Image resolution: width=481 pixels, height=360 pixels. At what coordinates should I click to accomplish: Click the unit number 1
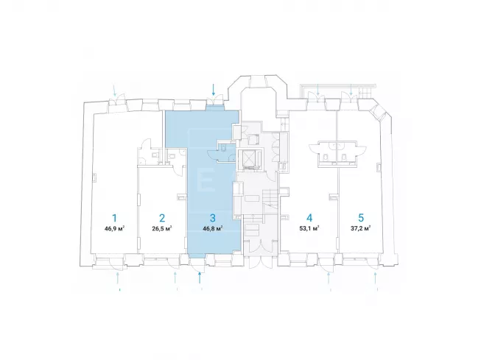click(114, 218)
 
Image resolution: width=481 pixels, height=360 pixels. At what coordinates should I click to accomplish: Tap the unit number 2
click(162, 218)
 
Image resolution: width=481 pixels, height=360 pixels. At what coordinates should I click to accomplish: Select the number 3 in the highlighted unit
click(213, 218)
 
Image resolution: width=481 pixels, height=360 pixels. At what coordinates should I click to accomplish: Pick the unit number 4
click(309, 218)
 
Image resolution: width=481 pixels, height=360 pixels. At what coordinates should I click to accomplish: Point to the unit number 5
click(361, 218)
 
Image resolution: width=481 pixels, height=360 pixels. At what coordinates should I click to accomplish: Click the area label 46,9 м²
click(114, 228)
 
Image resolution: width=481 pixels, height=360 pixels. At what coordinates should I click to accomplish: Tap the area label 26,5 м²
click(162, 228)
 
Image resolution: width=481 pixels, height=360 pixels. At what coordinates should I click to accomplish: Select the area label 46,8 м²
click(213, 228)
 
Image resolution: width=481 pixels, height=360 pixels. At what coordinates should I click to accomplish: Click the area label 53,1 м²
click(309, 228)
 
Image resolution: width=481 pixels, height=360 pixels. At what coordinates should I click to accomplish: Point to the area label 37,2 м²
click(361, 228)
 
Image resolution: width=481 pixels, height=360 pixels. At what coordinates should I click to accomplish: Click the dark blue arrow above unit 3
click(214, 90)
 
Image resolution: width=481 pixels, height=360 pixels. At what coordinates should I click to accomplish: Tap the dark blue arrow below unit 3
click(200, 278)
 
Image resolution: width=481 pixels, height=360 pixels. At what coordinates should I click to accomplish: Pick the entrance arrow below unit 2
click(175, 278)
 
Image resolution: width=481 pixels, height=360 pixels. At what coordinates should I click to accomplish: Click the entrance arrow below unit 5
click(376, 278)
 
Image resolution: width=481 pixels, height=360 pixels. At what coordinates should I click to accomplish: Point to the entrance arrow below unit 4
click(329, 278)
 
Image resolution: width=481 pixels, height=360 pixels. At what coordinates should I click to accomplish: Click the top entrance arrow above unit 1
click(115, 91)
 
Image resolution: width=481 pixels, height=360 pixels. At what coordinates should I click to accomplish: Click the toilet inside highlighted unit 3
click(223, 148)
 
